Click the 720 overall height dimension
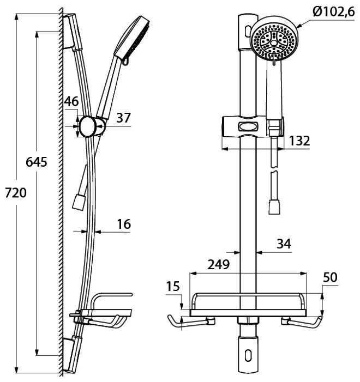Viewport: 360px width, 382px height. (16, 193)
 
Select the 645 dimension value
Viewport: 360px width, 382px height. (37, 162)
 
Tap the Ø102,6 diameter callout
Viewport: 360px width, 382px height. (334, 11)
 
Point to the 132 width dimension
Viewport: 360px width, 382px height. (299, 141)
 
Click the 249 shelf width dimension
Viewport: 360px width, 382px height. (219, 264)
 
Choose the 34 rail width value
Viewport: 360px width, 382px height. (284, 244)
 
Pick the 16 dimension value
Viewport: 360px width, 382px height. (124, 224)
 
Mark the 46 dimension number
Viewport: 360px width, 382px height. (71, 101)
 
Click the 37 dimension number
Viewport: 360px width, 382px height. (124, 118)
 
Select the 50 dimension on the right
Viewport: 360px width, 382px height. (330, 277)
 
